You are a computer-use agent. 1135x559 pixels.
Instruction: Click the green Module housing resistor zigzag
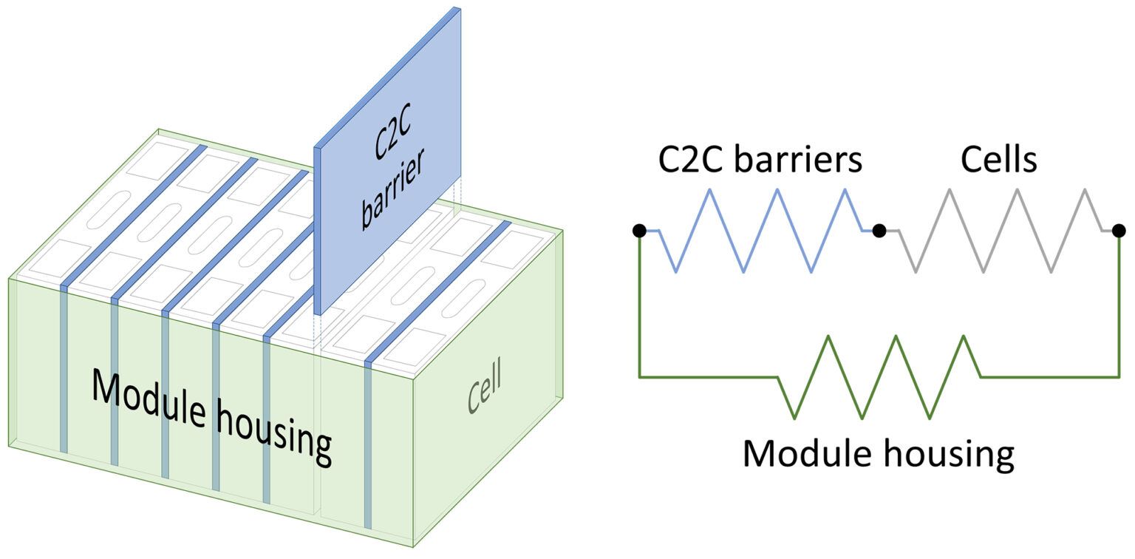(x=879, y=376)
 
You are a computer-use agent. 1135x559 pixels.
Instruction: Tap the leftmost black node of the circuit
(x=640, y=231)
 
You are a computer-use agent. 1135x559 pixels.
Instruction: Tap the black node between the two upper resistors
(x=879, y=231)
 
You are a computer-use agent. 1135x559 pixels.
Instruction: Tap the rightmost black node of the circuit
(x=1119, y=231)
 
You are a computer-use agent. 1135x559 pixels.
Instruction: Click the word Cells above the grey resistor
(x=999, y=159)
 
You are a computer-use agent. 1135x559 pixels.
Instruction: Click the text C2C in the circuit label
(x=689, y=159)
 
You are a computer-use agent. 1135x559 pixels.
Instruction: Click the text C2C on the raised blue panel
(x=387, y=140)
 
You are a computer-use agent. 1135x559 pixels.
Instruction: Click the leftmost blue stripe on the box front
(x=64, y=370)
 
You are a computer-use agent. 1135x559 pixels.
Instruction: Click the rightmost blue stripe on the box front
(x=368, y=444)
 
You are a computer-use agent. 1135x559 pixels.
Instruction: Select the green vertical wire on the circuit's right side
(x=1119, y=303)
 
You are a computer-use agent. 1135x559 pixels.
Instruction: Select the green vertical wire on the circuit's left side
(x=640, y=303)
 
